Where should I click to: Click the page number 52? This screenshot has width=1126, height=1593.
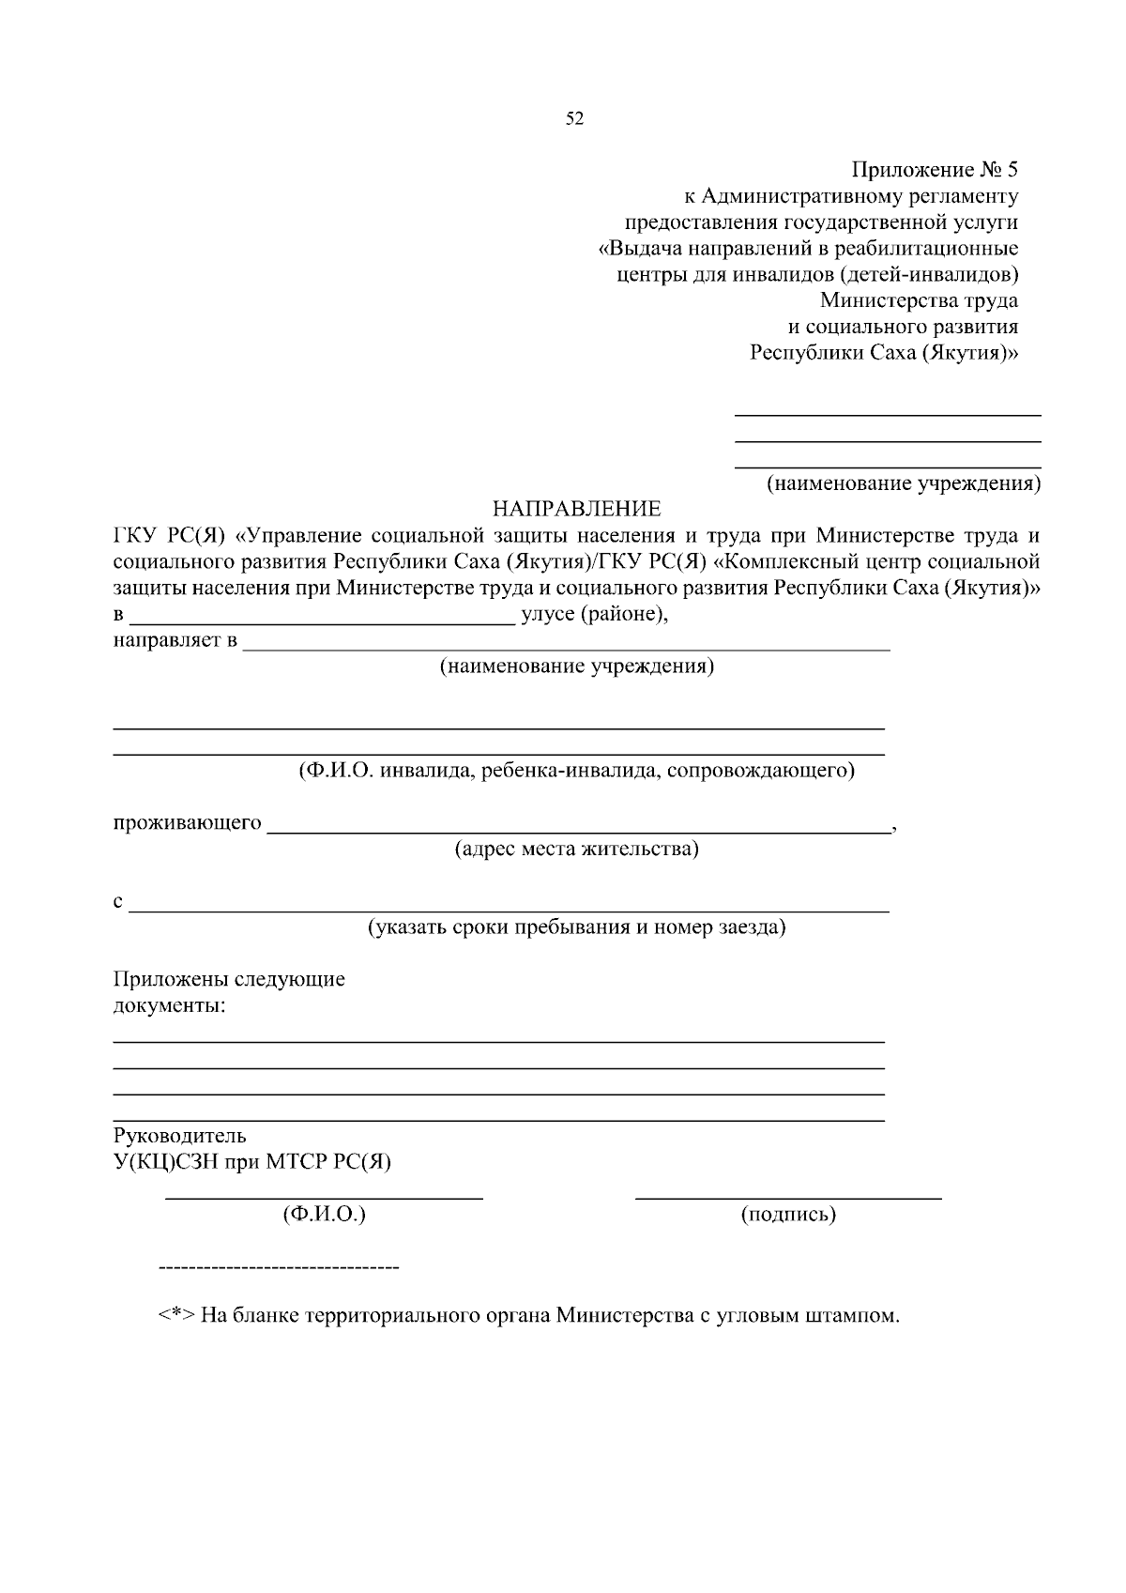point(574,118)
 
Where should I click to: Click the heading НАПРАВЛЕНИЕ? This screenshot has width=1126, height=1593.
point(577,509)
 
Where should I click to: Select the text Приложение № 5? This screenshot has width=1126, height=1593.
point(934,170)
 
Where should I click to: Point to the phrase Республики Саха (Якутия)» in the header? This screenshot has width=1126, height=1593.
point(883,353)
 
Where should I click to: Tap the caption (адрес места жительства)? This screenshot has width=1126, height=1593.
point(576,850)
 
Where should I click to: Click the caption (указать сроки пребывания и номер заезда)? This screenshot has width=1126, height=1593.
point(576,927)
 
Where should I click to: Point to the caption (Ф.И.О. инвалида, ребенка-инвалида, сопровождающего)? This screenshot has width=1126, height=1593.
point(576,771)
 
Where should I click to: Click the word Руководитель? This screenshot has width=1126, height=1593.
point(179,1135)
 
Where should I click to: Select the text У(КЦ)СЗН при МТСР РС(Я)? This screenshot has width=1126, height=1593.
point(251,1161)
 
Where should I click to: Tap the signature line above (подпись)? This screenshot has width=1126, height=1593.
point(788,1198)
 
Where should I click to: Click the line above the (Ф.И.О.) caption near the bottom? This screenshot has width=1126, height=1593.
point(324,1198)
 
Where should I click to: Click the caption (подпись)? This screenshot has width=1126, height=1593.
point(788,1215)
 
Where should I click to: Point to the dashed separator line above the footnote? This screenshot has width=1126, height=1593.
point(279,1268)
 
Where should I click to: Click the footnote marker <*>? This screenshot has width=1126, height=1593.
point(175,1315)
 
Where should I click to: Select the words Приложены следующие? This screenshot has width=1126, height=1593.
point(229,979)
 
